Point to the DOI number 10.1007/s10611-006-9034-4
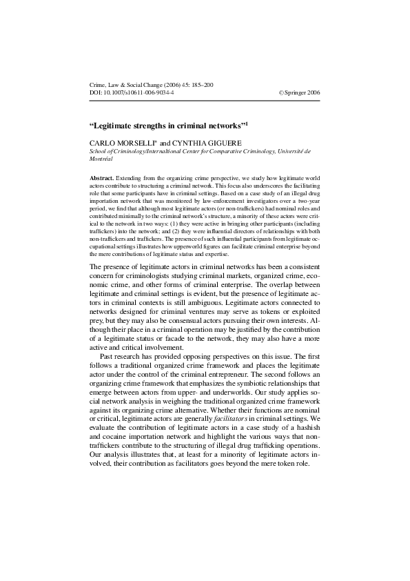point(137,92)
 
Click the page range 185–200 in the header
point(200,84)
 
